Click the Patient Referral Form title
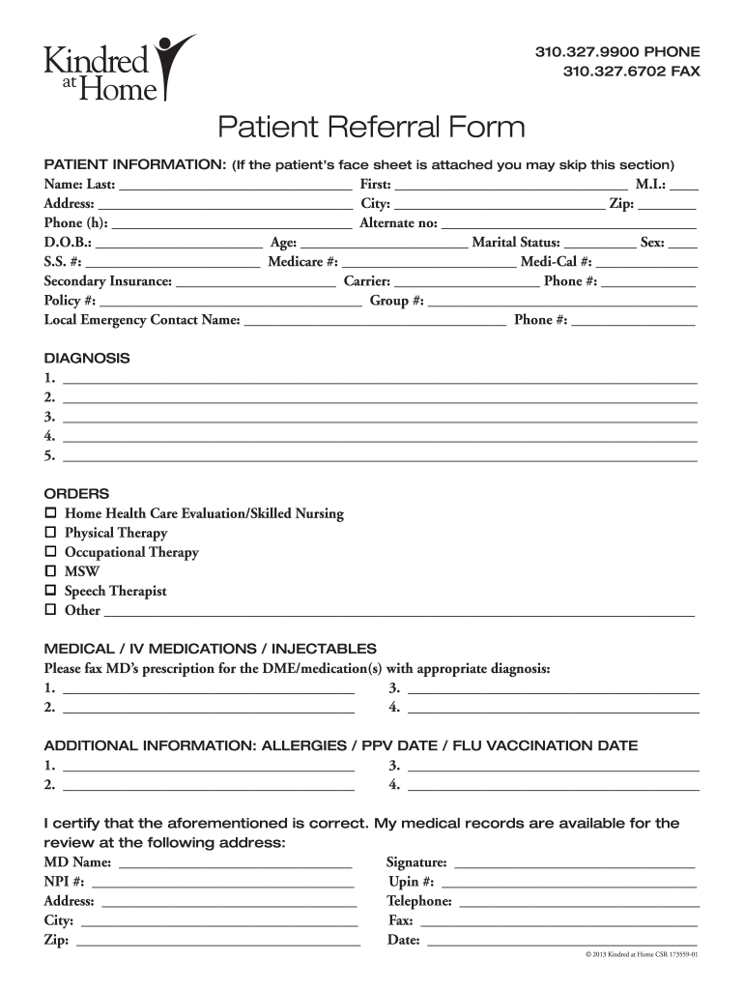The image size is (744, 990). pyautogui.click(x=371, y=127)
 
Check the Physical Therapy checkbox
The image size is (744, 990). pyautogui.click(x=51, y=533)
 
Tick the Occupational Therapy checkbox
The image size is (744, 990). pyautogui.click(x=51, y=552)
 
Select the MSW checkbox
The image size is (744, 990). pyautogui.click(x=51, y=571)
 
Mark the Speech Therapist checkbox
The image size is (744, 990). pyautogui.click(x=51, y=591)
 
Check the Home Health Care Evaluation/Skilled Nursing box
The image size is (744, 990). pyautogui.click(x=51, y=513)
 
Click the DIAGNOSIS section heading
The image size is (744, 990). pyautogui.click(x=87, y=358)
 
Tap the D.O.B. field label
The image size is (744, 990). pyautogui.click(x=68, y=243)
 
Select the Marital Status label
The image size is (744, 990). pyautogui.click(x=515, y=243)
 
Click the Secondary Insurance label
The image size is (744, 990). pyautogui.click(x=108, y=281)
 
